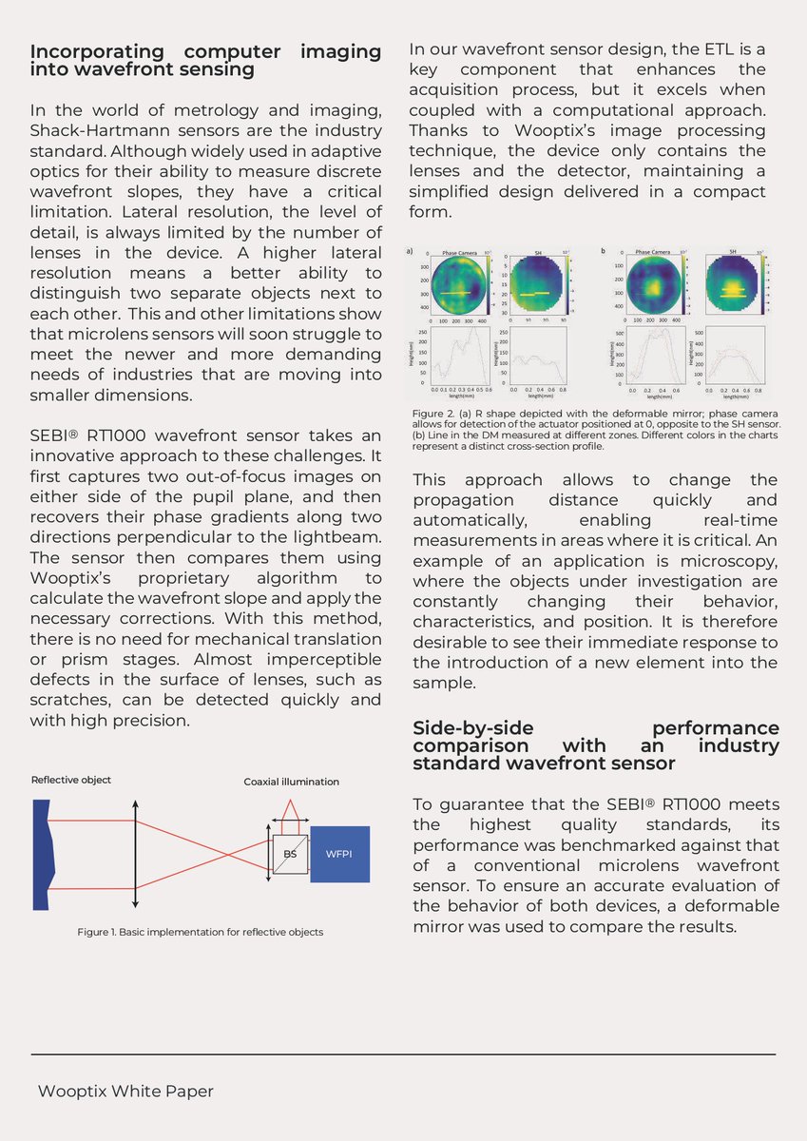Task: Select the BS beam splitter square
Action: pyautogui.click(x=290, y=854)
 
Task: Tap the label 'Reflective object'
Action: pyautogui.click(x=71, y=780)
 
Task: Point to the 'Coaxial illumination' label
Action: pyautogui.click(x=291, y=782)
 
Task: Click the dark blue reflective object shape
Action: pyautogui.click(x=40, y=854)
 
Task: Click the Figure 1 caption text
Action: pyautogui.click(x=200, y=932)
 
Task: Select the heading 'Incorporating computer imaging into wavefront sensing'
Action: pyautogui.click(x=205, y=59)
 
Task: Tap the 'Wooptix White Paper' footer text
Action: pyautogui.click(x=125, y=1092)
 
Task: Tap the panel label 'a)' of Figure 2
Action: pyautogui.click(x=410, y=251)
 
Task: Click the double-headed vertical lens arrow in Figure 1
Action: pyautogui.click(x=136, y=853)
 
